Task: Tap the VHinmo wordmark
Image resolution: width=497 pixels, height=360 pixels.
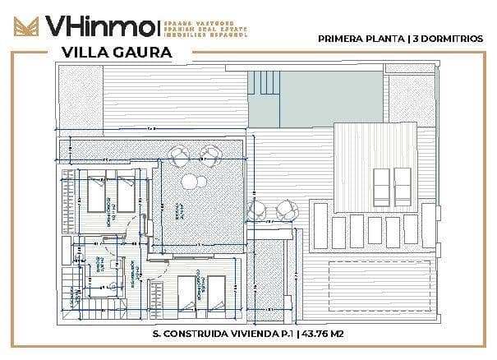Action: click(99, 25)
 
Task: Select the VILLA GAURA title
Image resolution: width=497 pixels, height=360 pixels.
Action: click(116, 52)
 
